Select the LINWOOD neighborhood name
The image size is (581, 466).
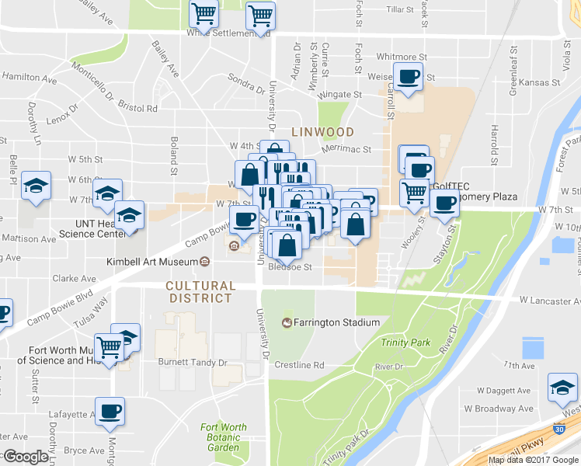coord(322,132)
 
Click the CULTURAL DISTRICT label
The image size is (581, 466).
coord(200,292)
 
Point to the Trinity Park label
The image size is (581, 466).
coord(405,343)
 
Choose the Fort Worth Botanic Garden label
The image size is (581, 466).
coord(223,437)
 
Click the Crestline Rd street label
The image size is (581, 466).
coord(299,365)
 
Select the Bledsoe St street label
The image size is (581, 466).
coord(290,267)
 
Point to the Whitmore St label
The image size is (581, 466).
coord(402,57)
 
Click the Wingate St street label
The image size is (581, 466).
coord(343,94)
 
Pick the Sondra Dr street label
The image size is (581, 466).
coord(245,79)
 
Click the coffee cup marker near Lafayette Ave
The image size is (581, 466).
coord(110,409)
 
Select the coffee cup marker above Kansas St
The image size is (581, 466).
coord(409,75)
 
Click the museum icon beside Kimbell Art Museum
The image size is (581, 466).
coord(204,261)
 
